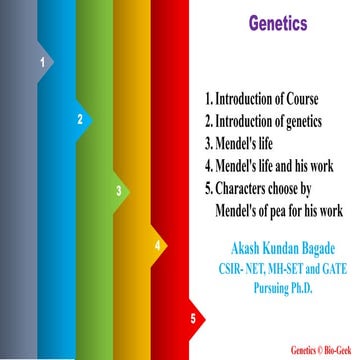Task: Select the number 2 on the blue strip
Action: [x=80, y=119]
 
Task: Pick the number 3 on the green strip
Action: [x=118, y=190]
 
